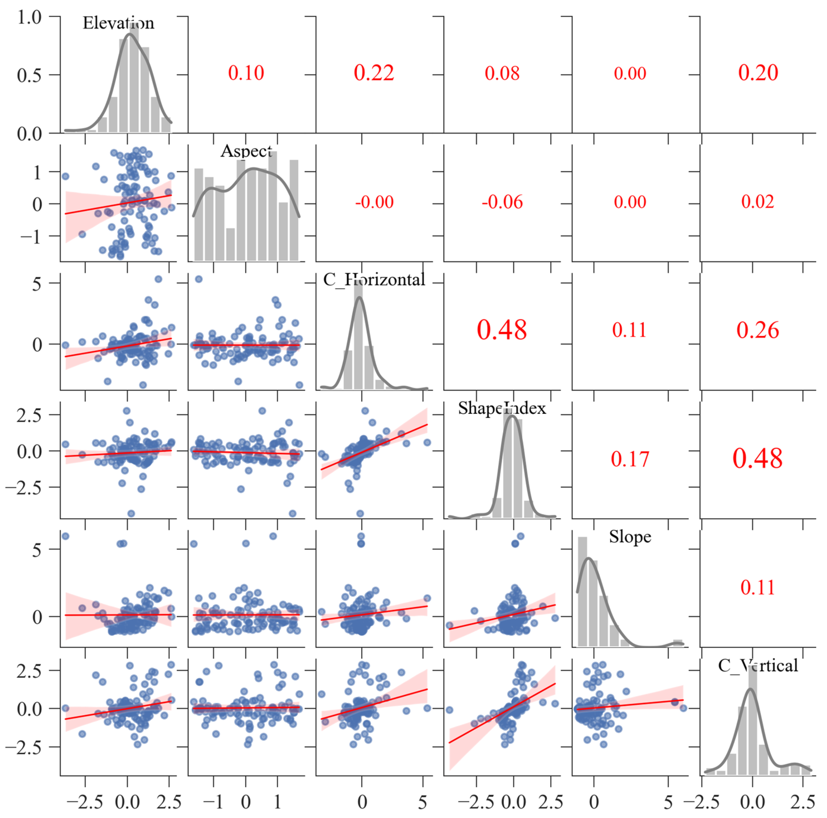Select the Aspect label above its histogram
coord(246,151)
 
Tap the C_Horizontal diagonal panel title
coord(374,280)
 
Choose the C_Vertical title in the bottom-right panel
coord(758,665)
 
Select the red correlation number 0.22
coord(374,73)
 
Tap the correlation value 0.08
coord(502,73)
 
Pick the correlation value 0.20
coord(758,73)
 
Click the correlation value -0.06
coord(502,202)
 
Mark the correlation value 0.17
coord(630,459)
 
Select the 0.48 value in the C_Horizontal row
coord(502,330)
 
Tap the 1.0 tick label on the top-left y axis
coord(29,18)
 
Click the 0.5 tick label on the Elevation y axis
coord(29,76)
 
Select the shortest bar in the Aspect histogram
coord(230,245)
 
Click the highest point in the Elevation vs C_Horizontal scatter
coord(158,279)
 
